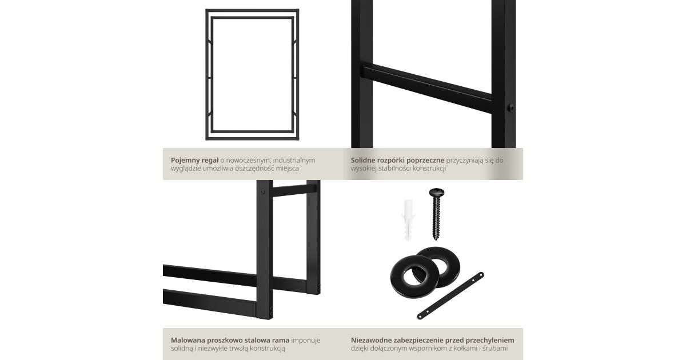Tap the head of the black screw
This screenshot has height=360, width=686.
pos(436,192)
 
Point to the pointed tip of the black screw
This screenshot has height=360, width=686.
pos(436,238)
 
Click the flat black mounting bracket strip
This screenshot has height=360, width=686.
pos(450,296)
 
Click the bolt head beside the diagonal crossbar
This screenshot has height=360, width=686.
pos(510,108)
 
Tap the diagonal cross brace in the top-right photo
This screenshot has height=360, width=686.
pos(427,87)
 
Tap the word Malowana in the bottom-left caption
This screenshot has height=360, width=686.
pos(188,340)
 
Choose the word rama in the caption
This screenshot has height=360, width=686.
pos(281,341)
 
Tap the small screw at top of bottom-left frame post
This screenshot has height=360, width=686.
pos(262,191)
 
